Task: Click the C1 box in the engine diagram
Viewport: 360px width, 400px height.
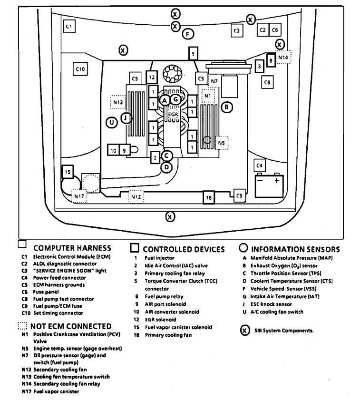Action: (x=69, y=27)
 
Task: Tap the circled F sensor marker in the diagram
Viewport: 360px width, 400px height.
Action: (x=188, y=34)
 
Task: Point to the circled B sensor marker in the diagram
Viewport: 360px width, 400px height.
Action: (x=227, y=107)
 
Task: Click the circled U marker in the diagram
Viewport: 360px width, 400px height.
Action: (x=111, y=123)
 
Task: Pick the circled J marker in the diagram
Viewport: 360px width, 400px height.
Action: (x=126, y=117)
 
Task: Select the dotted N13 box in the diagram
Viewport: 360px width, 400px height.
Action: (x=118, y=102)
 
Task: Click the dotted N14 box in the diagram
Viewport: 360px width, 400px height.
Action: (x=283, y=58)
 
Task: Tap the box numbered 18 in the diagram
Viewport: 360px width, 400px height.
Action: (x=208, y=197)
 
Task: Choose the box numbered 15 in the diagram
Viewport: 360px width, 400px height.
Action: (x=68, y=171)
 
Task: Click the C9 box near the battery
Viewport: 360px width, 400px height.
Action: (x=239, y=195)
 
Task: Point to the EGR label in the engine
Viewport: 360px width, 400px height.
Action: (x=173, y=115)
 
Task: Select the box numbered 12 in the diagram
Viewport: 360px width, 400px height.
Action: (x=151, y=77)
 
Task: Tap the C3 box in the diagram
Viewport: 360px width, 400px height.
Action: (x=236, y=31)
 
